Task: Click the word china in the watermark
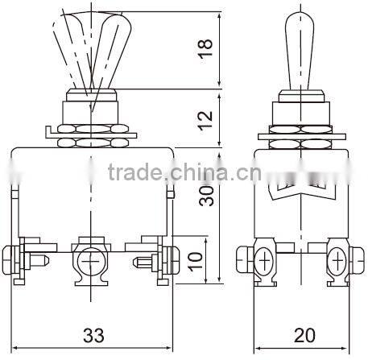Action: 198,172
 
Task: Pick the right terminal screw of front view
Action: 156,259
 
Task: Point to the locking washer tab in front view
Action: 50,130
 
